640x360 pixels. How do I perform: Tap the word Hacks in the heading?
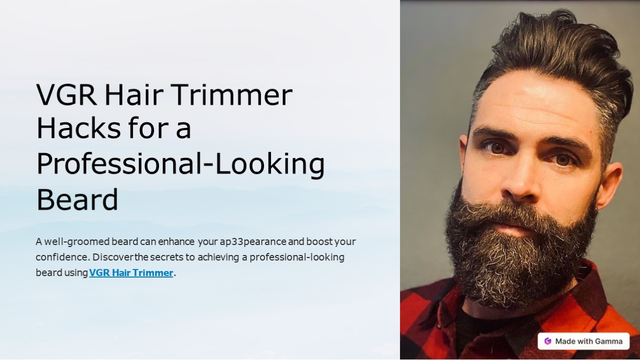pyautogui.click(x=78, y=129)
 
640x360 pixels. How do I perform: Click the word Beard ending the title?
pyautogui.click(x=77, y=200)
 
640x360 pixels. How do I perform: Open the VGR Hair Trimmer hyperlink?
pyautogui.click(x=131, y=273)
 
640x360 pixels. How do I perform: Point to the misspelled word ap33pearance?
pyautogui.click(x=253, y=242)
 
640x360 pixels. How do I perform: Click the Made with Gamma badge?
pyautogui.click(x=583, y=341)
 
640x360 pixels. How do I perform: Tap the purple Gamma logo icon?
pyautogui.click(x=548, y=341)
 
